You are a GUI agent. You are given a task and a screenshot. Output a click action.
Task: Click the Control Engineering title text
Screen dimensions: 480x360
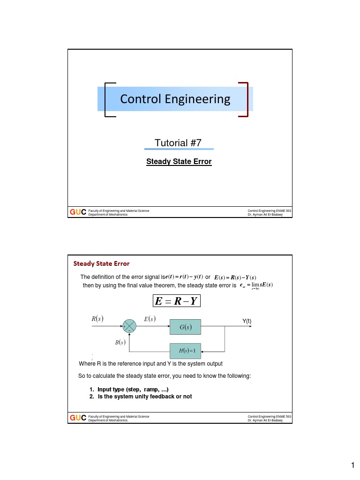coord(175,99)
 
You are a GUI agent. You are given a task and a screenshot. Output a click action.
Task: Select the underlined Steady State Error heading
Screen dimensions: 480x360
coord(179,162)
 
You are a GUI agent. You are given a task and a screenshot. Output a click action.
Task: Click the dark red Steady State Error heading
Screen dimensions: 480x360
coord(101,263)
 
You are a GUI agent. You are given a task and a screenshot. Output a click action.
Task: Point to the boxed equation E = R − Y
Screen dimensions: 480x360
coord(177,300)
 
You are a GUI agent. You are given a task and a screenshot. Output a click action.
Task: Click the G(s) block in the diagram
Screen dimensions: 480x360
coord(185,327)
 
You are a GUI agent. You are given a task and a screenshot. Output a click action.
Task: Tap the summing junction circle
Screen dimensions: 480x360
coord(129,326)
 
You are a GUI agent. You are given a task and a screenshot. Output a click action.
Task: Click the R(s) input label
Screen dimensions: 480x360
coord(97,319)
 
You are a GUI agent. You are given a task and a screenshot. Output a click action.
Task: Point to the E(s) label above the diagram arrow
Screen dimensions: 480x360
coord(150,319)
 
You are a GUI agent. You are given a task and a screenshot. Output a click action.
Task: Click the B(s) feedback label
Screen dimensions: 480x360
coord(120,343)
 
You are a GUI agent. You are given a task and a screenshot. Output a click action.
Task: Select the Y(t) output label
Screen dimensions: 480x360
coord(247,321)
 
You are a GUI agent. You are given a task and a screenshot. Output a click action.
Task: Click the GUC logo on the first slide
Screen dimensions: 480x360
coord(78,212)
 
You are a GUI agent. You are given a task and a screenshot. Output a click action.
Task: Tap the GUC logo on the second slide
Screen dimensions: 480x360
coord(78,418)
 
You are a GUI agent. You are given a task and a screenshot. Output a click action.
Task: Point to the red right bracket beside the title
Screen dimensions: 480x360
coord(244,99)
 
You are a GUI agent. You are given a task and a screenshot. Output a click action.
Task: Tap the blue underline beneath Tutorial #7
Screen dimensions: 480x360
coord(179,149)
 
